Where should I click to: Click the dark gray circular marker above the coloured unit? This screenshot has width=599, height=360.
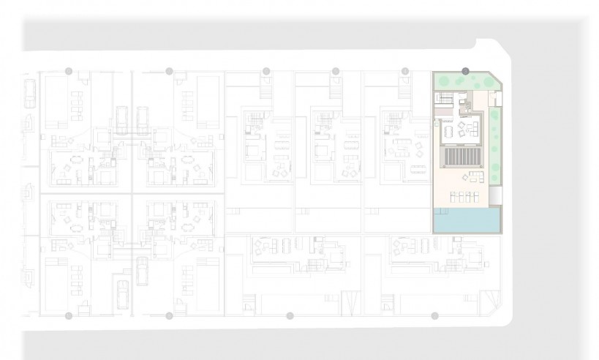(x=465, y=71)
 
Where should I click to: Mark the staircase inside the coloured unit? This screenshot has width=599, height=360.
(x=444, y=97)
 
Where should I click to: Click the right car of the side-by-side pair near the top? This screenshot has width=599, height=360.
(x=143, y=117)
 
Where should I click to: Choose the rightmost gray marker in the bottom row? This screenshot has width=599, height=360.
(x=434, y=316)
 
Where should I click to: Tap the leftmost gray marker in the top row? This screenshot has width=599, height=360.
(x=69, y=71)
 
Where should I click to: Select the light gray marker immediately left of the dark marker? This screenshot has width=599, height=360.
(x=404, y=71)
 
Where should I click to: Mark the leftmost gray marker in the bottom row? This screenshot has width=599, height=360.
(x=69, y=316)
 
